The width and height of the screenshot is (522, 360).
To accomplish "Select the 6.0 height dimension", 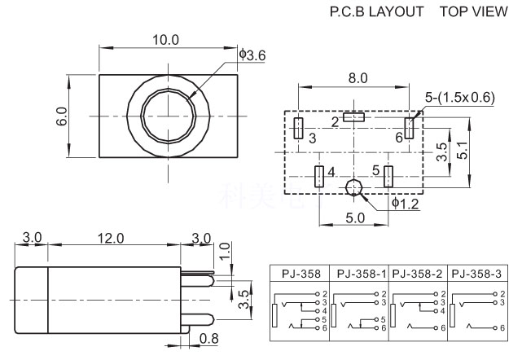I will pos(62,116).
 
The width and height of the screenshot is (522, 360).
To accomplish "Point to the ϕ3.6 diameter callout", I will pos(254,55).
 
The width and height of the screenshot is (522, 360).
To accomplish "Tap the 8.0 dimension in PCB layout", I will pos(358,79).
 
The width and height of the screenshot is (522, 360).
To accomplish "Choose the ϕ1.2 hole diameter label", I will pos(405,204).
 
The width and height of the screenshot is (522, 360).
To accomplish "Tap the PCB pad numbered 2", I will pos(355,118).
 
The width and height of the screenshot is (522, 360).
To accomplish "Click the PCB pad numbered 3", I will pos(299,129).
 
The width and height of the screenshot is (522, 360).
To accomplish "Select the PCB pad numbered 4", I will pos(318,175).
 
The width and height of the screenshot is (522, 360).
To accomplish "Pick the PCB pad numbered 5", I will pos(388,174).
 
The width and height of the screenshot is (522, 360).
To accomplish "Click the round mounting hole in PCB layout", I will pos(353,189).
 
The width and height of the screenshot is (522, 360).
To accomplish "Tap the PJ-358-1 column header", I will pos(360,274).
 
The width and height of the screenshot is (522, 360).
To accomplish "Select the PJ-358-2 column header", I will pos(419,274).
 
